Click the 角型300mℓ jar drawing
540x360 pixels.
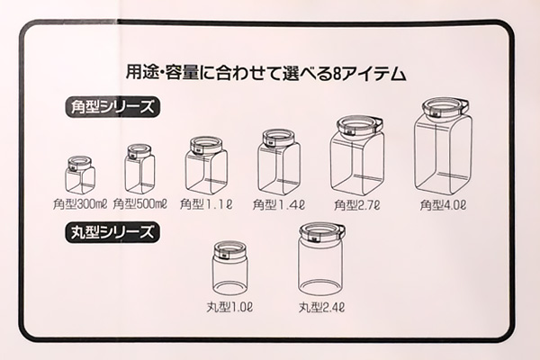[80, 175]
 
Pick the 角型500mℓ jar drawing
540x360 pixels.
[139, 169]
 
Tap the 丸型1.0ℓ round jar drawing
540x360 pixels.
[230, 274]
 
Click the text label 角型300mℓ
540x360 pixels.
[79, 204]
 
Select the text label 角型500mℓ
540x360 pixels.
[140, 204]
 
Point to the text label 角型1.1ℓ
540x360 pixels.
[206, 204]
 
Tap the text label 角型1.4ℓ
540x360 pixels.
[279, 204]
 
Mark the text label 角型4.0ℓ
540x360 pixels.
[444, 204]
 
